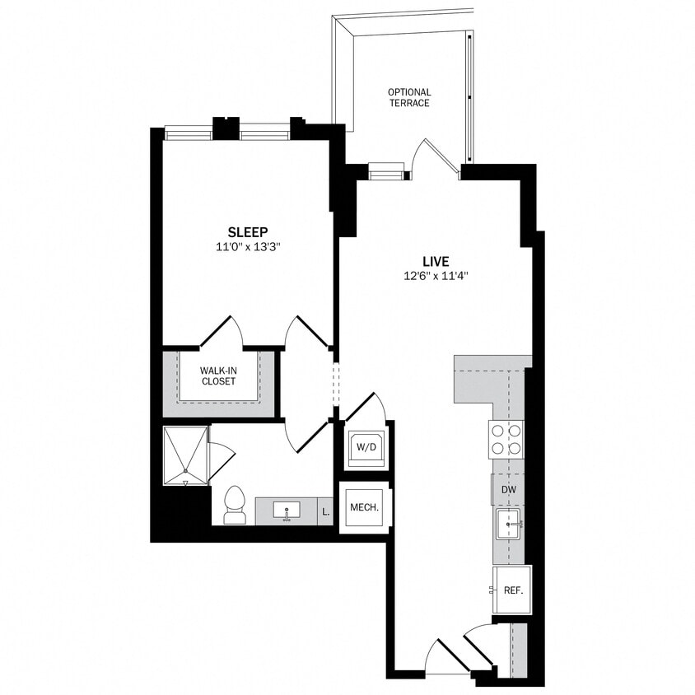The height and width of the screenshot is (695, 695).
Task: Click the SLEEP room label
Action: (x=248, y=232)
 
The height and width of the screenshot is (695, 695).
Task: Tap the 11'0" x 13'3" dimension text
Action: (x=248, y=246)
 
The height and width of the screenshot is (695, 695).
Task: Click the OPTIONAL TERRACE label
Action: (x=409, y=97)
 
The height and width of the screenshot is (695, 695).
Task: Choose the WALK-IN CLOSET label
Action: (x=218, y=375)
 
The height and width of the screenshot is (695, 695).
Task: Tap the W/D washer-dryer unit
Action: (x=364, y=447)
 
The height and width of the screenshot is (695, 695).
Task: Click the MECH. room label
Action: (x=364, y=507)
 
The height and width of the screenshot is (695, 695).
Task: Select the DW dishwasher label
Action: (x=509, y=490)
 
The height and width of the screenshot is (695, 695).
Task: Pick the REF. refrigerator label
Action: (x=514, y=590)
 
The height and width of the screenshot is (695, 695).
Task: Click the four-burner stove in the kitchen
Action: (x=506, y=439)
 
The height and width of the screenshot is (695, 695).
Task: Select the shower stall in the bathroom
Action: (x=185, y=455)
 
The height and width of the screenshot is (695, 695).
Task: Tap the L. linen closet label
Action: (x=326, y=511)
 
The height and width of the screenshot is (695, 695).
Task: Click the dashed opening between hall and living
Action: (x=335, y=383)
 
